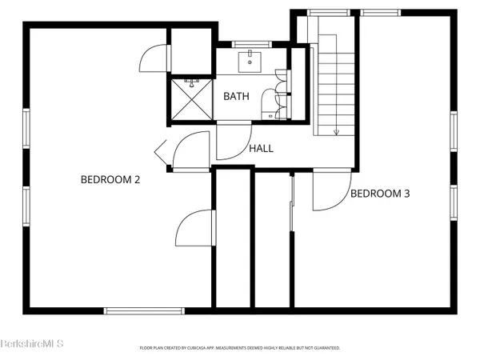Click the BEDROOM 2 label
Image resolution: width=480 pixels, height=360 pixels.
click(110, 179)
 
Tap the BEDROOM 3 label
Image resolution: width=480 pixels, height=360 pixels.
click(380, 193)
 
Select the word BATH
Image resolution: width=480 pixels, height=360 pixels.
click(236, 96)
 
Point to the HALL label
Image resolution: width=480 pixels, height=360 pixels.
click(261, 148)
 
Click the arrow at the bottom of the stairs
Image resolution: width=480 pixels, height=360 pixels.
click(337, 130)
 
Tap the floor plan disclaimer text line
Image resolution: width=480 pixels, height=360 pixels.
click(240, 348)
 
